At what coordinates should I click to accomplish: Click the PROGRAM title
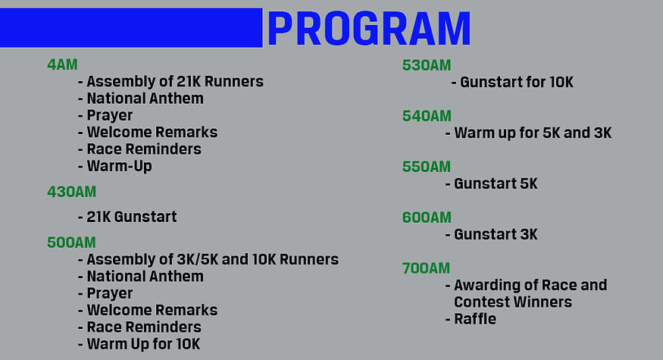point(369,28)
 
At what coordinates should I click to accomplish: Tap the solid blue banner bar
point(131,27)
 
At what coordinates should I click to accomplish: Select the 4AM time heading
point(62,64)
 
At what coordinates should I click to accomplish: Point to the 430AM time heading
point(71,192)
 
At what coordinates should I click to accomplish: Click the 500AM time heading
point(71,243)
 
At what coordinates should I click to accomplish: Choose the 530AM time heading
point(427,66)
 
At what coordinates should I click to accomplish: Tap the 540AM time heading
point(427,116)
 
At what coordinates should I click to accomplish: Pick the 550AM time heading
point(427,167)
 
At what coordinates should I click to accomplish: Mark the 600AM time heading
point(427,218)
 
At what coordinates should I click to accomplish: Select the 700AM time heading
point(426,268)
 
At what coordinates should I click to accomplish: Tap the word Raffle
point(475,319)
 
